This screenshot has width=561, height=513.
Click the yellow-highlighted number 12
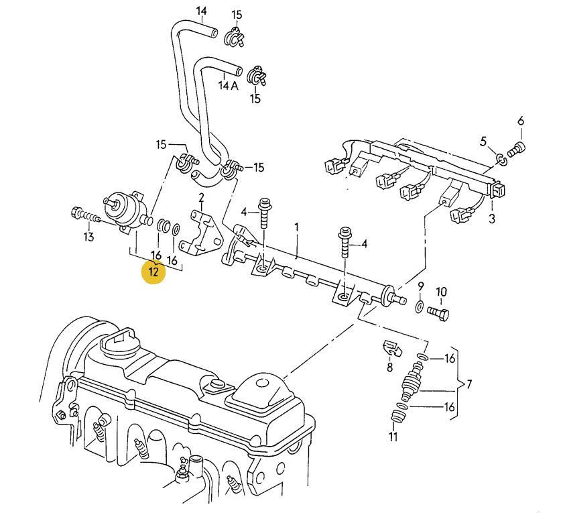[153, 272]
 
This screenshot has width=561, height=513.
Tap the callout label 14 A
[229, 86]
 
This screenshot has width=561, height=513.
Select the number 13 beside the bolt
[88, 237]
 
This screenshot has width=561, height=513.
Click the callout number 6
[521, 121]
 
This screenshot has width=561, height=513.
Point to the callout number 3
[492, 219]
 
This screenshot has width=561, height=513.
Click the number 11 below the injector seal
[393, 437]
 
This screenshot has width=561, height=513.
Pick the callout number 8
[389, 367]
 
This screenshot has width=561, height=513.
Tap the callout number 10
[441, 292]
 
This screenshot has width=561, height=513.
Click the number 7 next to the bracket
[469, 384]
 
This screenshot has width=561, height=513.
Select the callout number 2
[202, 197]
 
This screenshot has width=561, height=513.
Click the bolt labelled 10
[438, 313]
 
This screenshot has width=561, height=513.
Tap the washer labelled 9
[420, 306]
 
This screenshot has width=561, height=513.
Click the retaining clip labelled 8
[392, 348]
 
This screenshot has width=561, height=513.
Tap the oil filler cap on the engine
[121, 343]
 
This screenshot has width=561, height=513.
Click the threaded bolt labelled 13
[85, 215]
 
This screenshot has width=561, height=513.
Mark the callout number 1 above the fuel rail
[296, 228]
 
